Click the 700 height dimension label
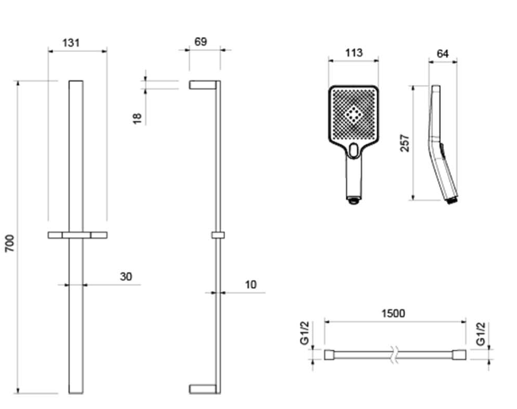(x=10, y=243)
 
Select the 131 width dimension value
(x=71, y=43)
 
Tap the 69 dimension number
(x=200, y=42)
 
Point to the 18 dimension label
(x=137, y=119)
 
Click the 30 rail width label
(x=126, y=276)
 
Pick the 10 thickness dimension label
(x=251, y=284)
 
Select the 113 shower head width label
(x=354, y=53)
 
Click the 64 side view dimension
(x=442, y=54)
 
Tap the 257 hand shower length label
(x=405, y=142)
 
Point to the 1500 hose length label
(x=393, y=313)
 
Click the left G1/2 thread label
(x=305, y=333)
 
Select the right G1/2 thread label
(x=481, y=333)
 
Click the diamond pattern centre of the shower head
(x=353, y=114)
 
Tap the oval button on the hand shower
(x=353, y=150)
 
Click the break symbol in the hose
(x=394, y=355)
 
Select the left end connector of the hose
(x=329, y=355)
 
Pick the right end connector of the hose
(x=459, y=355)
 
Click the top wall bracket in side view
(x=203, y=85)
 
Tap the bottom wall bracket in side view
(x=203, y=389)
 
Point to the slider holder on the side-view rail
(x=218, y=236)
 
